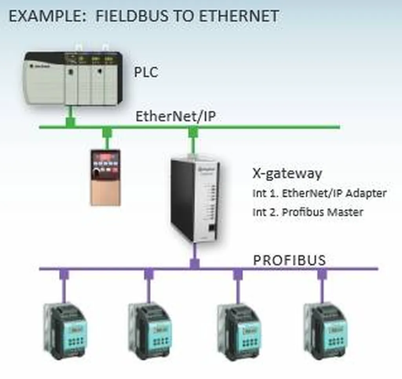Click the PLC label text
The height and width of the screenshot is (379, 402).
click(146, 72)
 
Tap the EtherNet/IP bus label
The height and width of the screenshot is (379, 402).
click(175, 117)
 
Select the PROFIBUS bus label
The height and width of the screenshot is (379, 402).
click(289, 260)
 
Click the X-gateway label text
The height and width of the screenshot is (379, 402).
click(287, 173)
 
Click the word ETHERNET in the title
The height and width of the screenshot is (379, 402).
click(240, 16)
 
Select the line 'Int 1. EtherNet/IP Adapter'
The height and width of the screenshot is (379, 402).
click(320, 193)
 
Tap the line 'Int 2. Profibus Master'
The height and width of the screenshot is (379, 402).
click(308, 212)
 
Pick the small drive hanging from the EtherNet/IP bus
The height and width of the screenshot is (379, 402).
click(106, 177)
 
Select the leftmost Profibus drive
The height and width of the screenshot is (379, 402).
click(64, 332)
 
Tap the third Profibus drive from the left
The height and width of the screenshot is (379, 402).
click(239, 332)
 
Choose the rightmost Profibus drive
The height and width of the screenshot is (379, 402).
click(325, 332)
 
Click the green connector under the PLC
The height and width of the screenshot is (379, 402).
click(70, 122)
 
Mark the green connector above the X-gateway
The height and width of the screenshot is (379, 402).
click(192, 133)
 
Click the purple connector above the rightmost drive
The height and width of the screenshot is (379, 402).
click(322, 274)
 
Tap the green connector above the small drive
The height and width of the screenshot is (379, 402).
click(107, 133)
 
